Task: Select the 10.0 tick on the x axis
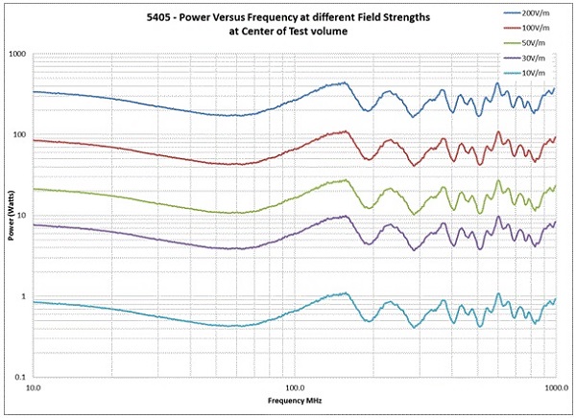click(33, 389)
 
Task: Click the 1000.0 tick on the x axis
click(555, 389)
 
